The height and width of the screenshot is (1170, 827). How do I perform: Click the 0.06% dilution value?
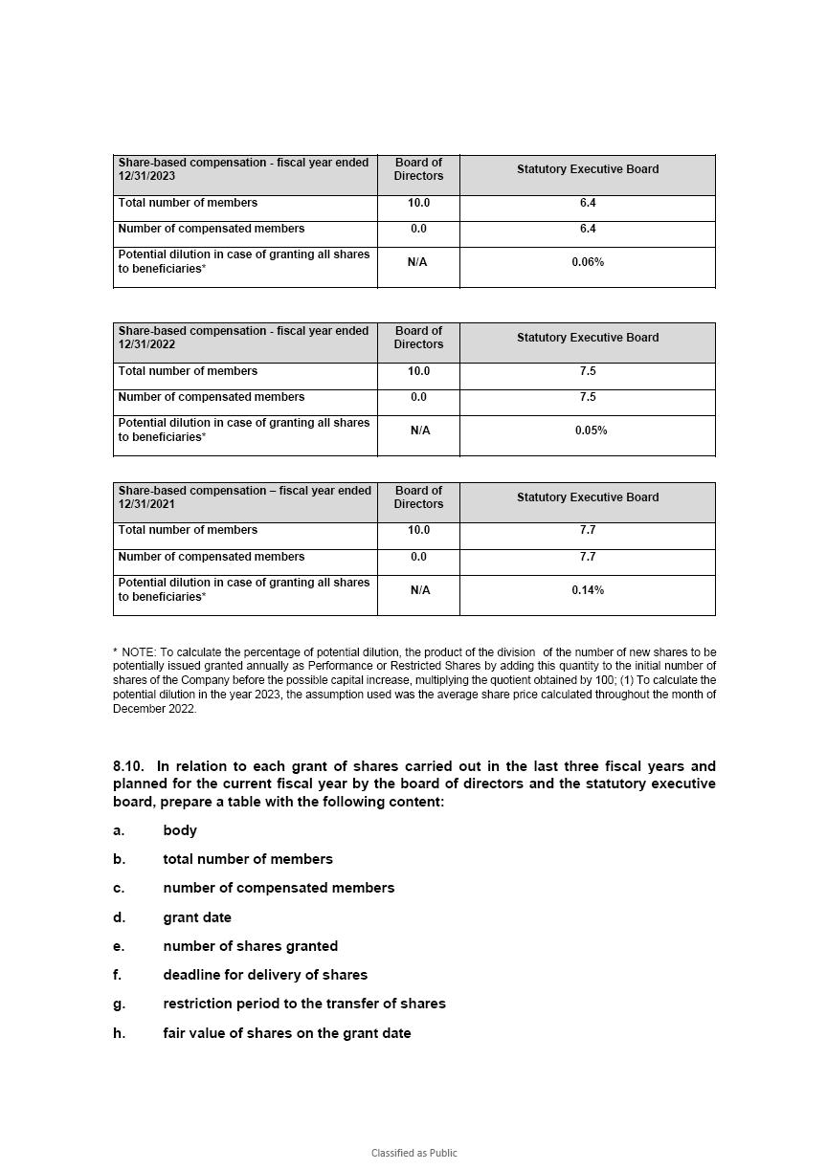coord(588,262)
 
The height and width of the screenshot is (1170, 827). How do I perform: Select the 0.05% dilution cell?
coord(591,430)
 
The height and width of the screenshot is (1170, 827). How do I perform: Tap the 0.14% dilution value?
coord(588,590)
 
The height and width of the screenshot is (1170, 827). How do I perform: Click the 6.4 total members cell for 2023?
coord(588,203)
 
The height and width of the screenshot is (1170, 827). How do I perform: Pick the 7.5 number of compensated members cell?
coord(588,397)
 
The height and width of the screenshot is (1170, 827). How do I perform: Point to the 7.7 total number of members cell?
coord(588,530)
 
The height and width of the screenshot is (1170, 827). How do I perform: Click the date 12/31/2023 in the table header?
coord(146,177)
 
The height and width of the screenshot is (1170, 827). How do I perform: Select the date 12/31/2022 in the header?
coord(146,345)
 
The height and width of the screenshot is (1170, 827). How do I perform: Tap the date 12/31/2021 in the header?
coord(146,504)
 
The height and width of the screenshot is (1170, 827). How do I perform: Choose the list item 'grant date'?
coord(197,917)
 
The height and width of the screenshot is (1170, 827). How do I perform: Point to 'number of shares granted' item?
coord(250,946)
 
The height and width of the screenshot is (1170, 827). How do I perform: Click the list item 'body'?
coord(180,830)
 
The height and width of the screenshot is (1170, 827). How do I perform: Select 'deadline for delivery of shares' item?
coord(265,975)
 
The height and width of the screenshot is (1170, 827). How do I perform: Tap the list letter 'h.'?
coord(119,1033)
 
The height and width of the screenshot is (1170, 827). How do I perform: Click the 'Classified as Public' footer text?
coord(413,1153)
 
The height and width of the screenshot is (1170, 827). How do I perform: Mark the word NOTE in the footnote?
coord(139,652)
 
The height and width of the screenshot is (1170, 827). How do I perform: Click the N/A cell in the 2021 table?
coord(419,590)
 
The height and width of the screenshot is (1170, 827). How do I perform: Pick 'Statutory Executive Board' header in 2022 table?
coord(588,338)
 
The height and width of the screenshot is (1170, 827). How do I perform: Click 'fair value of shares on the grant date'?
coord(287,1033)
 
